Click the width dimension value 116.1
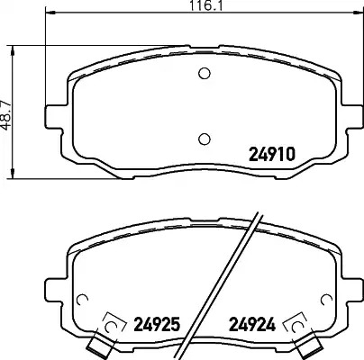(x=206, y=5)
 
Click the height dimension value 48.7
(x=5, y=115)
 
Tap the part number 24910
(x=272, y=155)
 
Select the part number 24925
(x=157, y=324)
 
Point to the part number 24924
(x=252, y=324)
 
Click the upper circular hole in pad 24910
(x=205, y=73)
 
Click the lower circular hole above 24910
(x=205, y=139)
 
